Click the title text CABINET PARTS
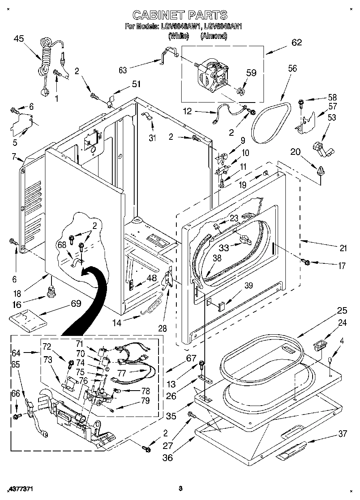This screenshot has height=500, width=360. pyautogui.click(x=180, y=15)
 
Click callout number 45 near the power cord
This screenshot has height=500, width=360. pyautogui.click(x=19, y=39)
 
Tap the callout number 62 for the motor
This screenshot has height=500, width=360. pyautogui.click(x=297, y=43)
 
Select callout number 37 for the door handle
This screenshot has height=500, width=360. pyautogui.click(x=343, y=434)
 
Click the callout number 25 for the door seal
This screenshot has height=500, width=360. pyautogui.click(x=342, y=311)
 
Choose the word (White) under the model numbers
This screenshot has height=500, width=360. pyautogui.click(x=178, y=36)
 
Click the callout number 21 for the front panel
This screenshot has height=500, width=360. pyautogui.click(x=343, y=248)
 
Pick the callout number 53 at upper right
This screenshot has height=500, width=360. pyautogui.click(x=332, y=118)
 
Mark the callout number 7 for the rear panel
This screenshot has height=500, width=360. pyautogui.click(x=13, y=156)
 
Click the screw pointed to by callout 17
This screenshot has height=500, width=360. pyautogui.click(x=306, y=262)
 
